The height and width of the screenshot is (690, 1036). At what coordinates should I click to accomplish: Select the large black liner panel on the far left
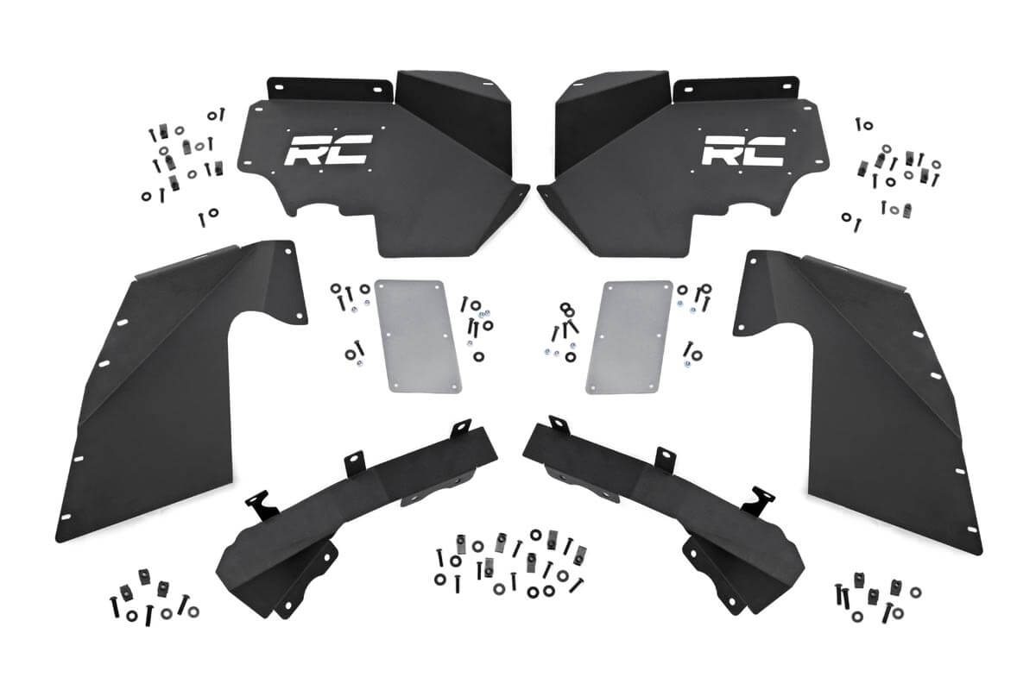point(173,388)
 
